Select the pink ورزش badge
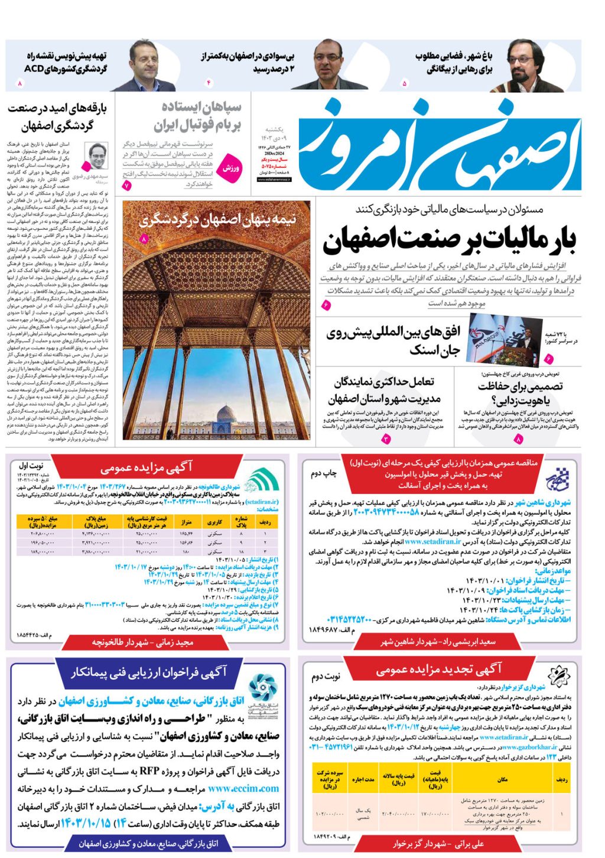pyautogui.click(x=231, y=168)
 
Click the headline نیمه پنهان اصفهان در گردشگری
pyautogui.click(x=217, y=220)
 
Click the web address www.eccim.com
pyautogui.click(x=243, y=788)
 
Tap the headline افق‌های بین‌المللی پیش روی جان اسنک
pyautogui.click(x=393, y=342)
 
